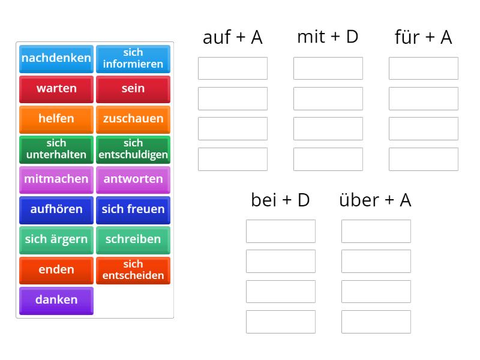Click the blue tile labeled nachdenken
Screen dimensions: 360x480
56,58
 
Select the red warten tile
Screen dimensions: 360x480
56,88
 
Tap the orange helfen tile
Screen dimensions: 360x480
56,118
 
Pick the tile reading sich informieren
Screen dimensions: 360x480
133,58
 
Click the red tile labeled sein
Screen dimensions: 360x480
133,88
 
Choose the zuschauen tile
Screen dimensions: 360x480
133,118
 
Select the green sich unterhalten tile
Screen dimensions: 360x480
56,149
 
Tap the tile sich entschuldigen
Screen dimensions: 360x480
133,149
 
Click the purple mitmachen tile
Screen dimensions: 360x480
56,179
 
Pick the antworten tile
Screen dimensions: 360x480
133,179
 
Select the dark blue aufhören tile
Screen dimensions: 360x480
56,209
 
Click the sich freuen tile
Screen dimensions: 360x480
133,209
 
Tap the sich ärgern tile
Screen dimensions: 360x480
56,239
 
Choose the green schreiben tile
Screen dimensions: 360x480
133,239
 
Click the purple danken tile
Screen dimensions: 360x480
56,299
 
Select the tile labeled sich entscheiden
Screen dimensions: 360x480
133,269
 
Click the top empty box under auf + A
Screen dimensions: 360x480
233,68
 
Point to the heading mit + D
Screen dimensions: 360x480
328,37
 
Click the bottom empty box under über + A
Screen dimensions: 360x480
376,322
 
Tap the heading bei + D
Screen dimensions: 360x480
280,200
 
